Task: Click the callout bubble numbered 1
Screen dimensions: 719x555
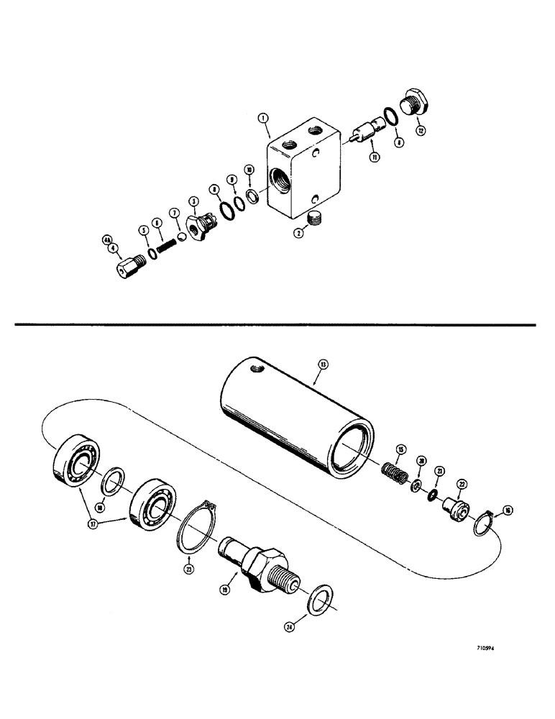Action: tap(265, 118)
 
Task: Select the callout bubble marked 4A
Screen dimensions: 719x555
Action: tap(106, 238)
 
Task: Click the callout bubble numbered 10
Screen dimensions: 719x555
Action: tap(248, 169)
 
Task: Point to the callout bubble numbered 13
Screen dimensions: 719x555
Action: tap(323, 365)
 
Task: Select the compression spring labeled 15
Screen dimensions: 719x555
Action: tap(396, 475)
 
